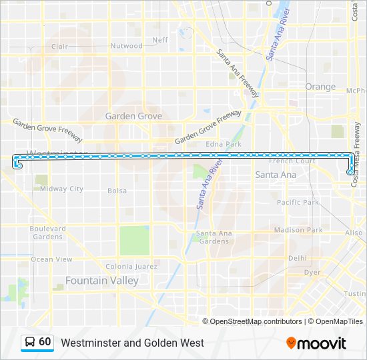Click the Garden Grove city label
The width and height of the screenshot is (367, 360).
133,116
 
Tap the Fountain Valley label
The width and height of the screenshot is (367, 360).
101,281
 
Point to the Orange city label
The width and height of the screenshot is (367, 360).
320,87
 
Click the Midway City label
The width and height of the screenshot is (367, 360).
62,189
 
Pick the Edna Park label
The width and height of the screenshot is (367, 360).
224,144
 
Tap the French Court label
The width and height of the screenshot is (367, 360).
292,161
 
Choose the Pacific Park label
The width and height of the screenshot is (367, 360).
298,202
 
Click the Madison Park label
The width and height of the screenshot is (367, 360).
298,230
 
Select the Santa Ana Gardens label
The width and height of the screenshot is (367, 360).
214,237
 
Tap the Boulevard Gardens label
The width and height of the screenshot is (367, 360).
48,233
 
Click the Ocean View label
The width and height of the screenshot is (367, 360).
51,259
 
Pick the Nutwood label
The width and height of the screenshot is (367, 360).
126,46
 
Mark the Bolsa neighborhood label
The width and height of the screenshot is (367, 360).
117,191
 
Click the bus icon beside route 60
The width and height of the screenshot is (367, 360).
30,343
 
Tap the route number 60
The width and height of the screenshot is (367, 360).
45,342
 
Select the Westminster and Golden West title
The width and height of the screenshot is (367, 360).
132,343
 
